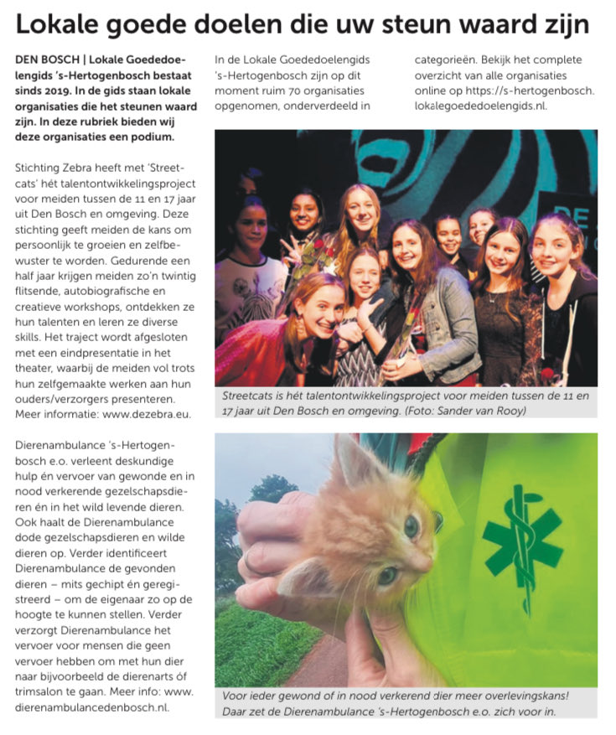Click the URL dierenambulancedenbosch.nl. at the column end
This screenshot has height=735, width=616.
pyautogui.click(x=92, y=707)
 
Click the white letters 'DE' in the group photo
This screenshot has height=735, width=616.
pyautogui.click(x=578, y=210)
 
